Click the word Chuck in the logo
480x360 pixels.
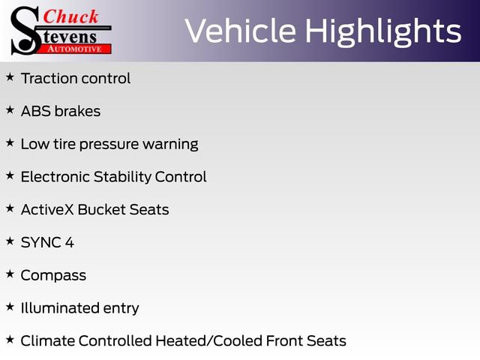[70, 16]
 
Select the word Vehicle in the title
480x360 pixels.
[241, 31]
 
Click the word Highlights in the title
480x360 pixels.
[383, 31]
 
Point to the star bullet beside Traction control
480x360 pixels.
[10, 76]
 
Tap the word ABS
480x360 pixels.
[36, 111]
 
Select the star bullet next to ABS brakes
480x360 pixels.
[10, 109]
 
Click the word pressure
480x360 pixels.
[109, 145]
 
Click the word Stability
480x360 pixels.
[122, 178]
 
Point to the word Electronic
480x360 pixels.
[55, 177]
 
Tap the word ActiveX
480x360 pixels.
[47, 210]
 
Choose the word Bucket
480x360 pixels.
[102, 210]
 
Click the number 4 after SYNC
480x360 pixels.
[70, 242]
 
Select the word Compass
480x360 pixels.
[53, 276]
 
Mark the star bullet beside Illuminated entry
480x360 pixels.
[10, 307]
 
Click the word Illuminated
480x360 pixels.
[60, 308]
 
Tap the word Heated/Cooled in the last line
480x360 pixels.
[209, 341]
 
